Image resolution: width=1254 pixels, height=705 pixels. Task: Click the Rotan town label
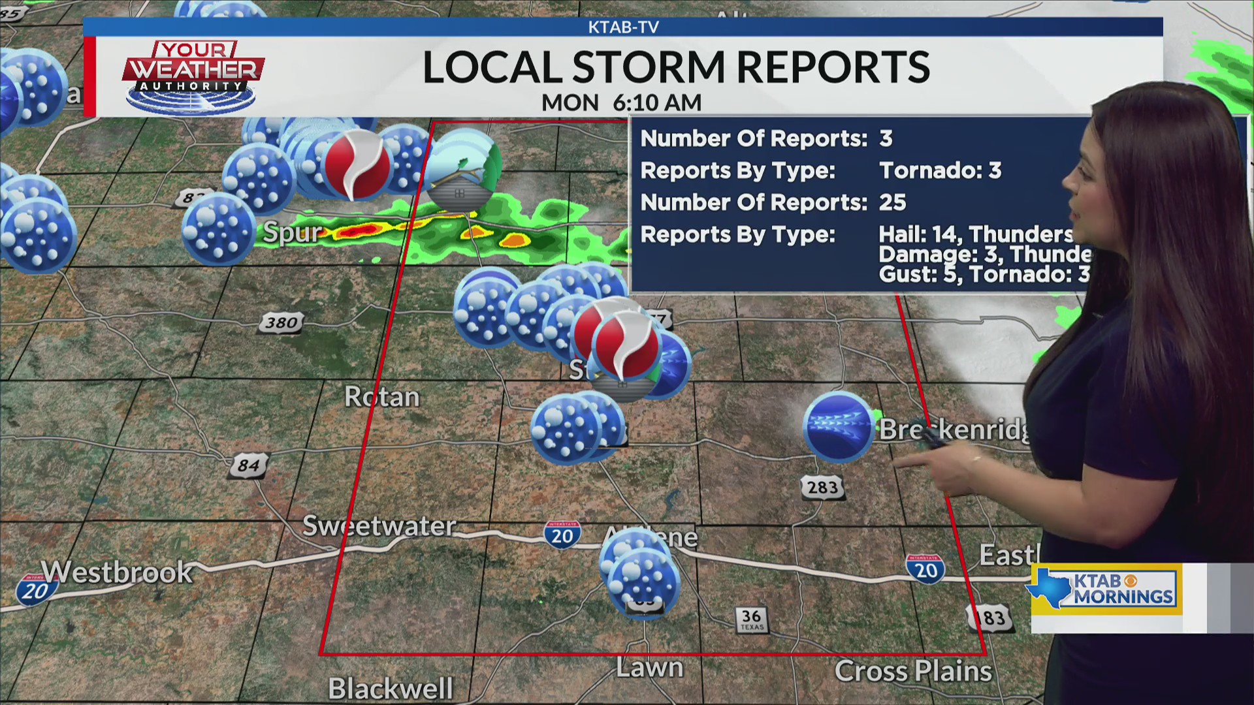click(x=382, y=397)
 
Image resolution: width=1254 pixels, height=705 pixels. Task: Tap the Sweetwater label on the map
click(x=379, y=526)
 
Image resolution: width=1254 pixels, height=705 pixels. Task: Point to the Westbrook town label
click(x=118, y=572)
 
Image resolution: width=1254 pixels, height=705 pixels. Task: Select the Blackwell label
click(x=391, y=688)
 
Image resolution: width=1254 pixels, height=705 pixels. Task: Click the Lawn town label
click(x=649, y=668)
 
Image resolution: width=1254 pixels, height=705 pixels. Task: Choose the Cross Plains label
click(x=913, y=671)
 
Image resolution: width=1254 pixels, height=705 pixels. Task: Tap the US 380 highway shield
click(x=281, y=323)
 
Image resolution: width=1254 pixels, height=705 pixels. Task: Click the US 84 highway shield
click(x=249, y=466)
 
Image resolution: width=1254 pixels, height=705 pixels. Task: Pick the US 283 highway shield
click(x=822, y=487)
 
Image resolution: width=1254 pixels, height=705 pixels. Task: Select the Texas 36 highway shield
click(x=751, y=619)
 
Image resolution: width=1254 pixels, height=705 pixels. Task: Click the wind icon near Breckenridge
click(x=838, y=427)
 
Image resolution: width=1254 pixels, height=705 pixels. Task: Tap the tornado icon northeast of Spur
click(x=357, y=164)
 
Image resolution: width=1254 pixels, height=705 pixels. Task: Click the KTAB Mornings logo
click(x=1106, y=589)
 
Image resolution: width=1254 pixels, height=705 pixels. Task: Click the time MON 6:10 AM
click(x=621, y=102)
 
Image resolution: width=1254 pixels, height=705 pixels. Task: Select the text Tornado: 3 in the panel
click(x=940, y=170)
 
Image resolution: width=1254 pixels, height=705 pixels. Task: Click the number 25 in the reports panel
click(x=892, y=202)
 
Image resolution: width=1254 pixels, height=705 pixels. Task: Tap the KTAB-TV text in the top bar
click(x=623, y=27)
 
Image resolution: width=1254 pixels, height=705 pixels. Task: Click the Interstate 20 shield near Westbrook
click(x=34, y=591)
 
